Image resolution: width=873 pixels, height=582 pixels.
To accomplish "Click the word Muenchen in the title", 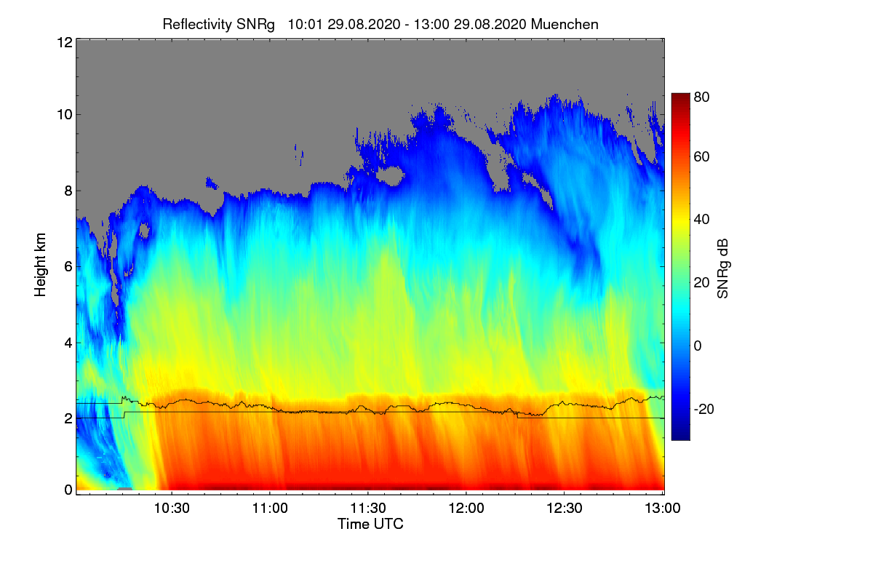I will pos(565,24).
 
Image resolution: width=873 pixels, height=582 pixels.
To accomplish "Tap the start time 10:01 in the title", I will pos(304,24).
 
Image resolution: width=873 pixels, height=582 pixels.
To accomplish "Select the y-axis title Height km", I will pos(41,265).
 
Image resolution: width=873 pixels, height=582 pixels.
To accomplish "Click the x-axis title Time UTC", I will pos(370,524).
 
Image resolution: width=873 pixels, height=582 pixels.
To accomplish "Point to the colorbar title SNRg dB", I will pos(723,266).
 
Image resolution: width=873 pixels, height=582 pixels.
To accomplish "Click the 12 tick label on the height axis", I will pos(64,42).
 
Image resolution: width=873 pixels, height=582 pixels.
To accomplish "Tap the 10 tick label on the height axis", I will pos(64,114).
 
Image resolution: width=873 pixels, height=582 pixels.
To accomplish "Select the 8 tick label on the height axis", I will pos(68,191).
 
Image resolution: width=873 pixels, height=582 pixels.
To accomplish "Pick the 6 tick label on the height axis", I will pos(68,266).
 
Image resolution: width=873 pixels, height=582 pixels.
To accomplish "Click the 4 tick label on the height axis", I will pos(68,342).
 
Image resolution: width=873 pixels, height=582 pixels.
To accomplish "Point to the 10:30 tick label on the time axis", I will pos(172,508).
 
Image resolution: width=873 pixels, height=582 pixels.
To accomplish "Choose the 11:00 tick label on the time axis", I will pos(270,508).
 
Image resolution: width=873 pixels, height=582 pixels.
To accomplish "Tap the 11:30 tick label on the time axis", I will pos(369,508).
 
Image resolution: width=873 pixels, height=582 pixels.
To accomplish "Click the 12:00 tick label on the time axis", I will pos(466,508).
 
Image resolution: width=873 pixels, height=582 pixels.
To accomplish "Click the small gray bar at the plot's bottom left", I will pos(124,488).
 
